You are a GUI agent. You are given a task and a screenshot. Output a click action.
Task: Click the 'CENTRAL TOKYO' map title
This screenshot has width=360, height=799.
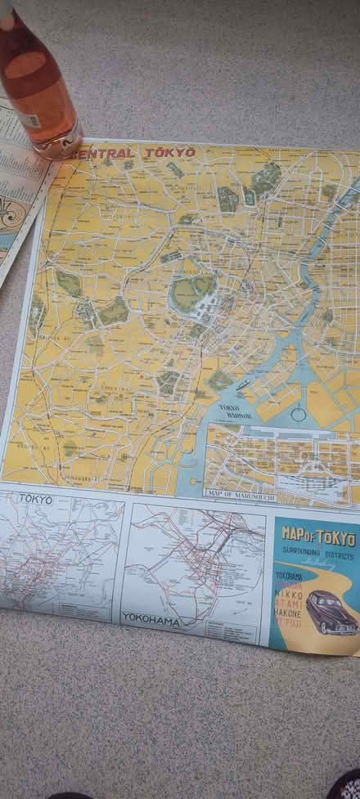(x=135, y=152)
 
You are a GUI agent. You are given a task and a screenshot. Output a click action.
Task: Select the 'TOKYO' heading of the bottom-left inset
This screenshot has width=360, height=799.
(x=35, y=499)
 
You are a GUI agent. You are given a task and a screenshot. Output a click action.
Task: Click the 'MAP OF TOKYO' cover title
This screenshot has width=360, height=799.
(x=318, y=538)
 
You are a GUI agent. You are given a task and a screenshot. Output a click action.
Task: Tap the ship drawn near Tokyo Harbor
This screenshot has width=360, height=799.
(x=243, y=382)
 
